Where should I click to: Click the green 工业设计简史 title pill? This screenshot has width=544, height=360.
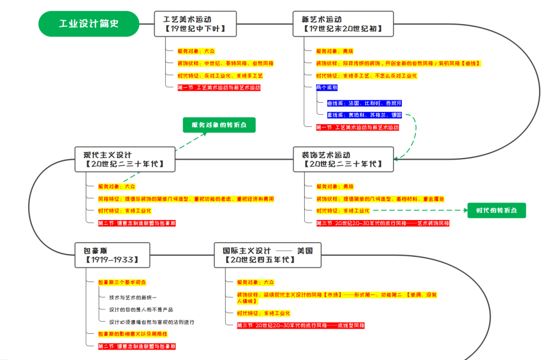pos(89,24)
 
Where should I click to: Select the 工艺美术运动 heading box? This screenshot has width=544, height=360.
pos(195,24)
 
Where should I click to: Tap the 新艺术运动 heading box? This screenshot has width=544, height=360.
pos(342,24)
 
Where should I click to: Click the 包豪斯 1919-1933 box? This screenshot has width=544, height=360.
pos(112,255)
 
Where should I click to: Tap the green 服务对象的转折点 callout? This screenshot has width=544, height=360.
pos(219,125)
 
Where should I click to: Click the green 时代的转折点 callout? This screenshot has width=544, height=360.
pos(497,210)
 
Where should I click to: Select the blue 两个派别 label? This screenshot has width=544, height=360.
pos(327,88)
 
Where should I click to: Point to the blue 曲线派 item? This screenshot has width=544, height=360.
pos(364,103)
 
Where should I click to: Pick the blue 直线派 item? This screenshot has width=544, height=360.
pos(364,115)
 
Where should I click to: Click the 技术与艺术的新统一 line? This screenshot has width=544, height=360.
pos(133,298)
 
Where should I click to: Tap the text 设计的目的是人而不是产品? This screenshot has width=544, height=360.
pos(141,310)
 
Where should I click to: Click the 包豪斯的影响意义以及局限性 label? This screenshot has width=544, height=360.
pos(132,334)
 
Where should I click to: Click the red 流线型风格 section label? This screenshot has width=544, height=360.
pos(301,325)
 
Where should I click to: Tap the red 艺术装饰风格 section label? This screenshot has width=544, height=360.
pos(383,223)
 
